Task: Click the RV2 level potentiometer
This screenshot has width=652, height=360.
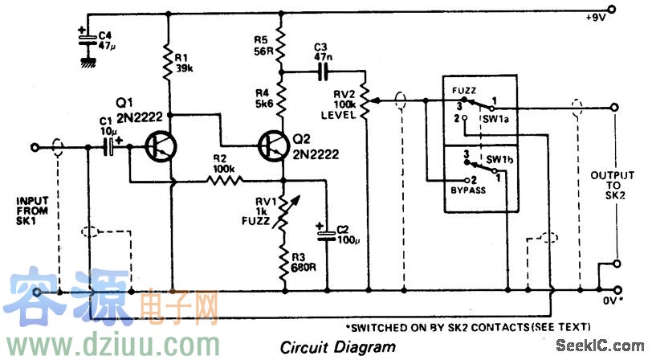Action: pyautogui.click(x=366, y=100)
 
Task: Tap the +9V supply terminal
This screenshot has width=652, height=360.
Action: pyautogui.click(x=613, y=11)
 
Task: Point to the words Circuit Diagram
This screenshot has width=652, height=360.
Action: pyautogui.click(x=337, y=347)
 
